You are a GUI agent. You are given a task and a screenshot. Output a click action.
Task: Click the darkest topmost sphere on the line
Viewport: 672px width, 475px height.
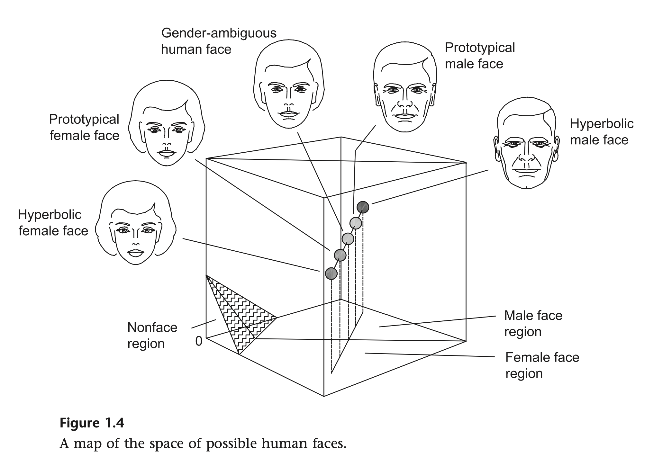pos(363,207)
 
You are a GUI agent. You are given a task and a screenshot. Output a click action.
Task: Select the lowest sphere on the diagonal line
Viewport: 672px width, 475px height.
pos(331,273)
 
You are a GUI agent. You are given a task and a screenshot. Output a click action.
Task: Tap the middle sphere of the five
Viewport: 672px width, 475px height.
pos(348,239)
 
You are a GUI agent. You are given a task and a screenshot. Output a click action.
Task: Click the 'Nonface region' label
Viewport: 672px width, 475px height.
pos(152,336)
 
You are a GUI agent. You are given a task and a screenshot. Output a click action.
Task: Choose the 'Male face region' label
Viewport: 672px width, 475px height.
pos(533,323)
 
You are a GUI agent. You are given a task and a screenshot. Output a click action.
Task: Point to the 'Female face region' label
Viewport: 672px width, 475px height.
pos(542,365)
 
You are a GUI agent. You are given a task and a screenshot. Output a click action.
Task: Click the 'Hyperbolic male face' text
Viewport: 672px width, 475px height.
pos(601,132)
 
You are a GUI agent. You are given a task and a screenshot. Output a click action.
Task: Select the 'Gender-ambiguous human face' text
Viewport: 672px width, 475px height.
pos(219,41)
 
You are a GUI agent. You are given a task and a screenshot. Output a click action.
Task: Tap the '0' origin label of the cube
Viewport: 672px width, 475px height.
pos(199,341)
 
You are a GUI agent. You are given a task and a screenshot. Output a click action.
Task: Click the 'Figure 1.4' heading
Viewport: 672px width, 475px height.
pos(92,423)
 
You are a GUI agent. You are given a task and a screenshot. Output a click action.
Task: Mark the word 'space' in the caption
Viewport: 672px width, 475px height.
pos(169,444)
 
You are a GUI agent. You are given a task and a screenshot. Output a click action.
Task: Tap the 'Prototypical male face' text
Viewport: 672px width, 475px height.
pos(479,56)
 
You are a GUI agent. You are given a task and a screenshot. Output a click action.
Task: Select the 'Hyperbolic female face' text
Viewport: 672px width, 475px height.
pos(53,223)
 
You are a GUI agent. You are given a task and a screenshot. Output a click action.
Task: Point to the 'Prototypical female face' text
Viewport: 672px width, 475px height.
pos(84,127)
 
